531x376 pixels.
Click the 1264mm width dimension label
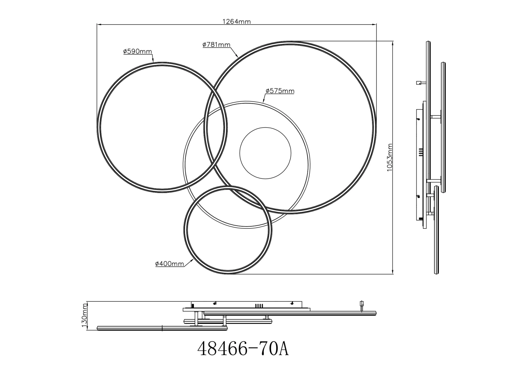[x=236, y=22]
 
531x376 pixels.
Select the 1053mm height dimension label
[x=389, y=158]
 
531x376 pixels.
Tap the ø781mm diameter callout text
[x=216, y=45]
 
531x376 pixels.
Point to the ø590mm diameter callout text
[x=137, y=51]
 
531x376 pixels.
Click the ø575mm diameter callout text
[x=280, y=91]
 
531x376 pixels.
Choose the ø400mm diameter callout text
[x=170, y=264]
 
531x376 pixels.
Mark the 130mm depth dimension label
[x=85, y=315]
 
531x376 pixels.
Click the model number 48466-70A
[x=243, y=349]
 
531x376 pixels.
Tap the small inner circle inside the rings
[x=265, y=153]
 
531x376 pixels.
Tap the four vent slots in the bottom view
[x=259, y=306]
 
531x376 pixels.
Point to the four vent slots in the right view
[x=421, y=152]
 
